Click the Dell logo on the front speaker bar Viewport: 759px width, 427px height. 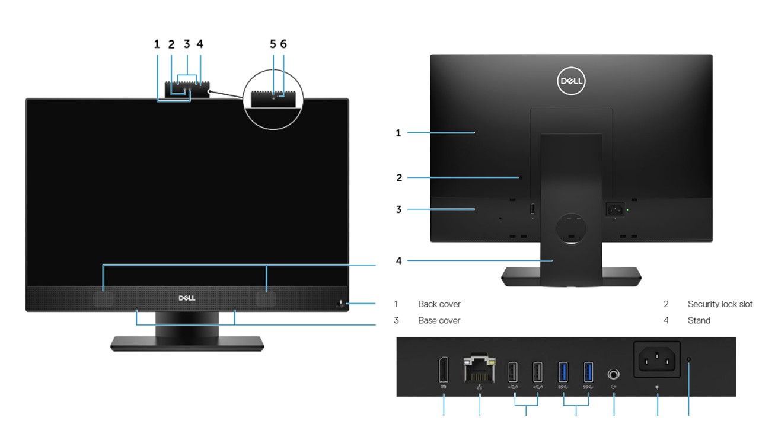[187, 298]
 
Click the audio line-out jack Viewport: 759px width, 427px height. [613, 375]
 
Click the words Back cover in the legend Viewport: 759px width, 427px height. [439, 304]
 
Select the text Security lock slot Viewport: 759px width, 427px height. [720, 304]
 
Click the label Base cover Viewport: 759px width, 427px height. [439, 320]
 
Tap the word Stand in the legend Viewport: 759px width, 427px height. [699, 320]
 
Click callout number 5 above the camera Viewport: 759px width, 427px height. [273, 44]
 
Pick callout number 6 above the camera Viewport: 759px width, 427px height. [283, 44]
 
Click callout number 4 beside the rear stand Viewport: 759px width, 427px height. [399, 260]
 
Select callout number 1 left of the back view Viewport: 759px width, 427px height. [398, 133]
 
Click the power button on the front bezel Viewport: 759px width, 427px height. [342, 304]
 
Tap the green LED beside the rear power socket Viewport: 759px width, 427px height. [627, 209]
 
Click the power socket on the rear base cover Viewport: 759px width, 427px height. [614, 209]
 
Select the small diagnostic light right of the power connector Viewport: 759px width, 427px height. [688, 359]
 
